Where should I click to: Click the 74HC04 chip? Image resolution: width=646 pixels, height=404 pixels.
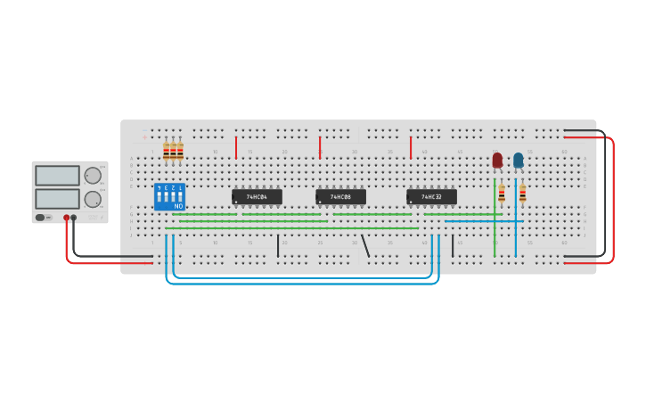coord(257,196)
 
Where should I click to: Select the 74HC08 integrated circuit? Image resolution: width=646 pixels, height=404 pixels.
coord(340,196)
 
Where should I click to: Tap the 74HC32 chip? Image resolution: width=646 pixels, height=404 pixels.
coord(431,196)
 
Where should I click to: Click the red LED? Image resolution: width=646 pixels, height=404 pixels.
coord(497,161)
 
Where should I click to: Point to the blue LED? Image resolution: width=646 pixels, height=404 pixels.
coord(519,161)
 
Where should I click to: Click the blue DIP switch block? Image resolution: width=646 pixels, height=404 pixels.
coord(169,196)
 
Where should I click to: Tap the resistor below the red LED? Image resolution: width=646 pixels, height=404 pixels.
coord(502,193)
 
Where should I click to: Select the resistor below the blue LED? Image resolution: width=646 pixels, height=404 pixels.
coord(522,193)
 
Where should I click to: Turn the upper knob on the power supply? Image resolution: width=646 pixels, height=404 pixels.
coord(93,176)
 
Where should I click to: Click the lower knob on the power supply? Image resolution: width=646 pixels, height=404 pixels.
coord(93,199)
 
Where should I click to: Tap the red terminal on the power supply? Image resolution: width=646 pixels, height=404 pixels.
coord(66,218)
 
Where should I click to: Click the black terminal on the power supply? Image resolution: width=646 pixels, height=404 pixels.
coord(74,218)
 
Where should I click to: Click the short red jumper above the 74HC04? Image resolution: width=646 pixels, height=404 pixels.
coord(236,148)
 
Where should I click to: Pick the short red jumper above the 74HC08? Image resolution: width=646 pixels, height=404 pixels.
coord(320,148)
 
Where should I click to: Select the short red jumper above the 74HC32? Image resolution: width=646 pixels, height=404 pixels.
coord(411,148)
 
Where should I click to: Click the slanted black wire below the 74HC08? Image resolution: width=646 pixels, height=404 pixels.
coord(365,245)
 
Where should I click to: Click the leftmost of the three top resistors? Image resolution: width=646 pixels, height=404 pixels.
coord(166,151)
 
